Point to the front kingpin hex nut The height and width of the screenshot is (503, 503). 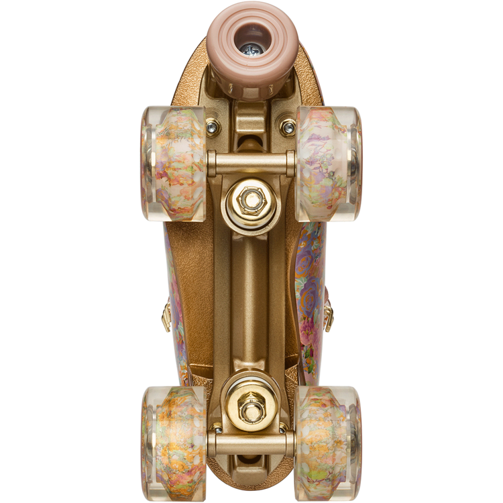point(251,199)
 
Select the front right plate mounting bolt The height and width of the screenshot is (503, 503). point(288,126)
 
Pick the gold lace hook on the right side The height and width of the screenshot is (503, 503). point(329,315)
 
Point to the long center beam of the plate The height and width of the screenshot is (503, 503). point(251,302)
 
